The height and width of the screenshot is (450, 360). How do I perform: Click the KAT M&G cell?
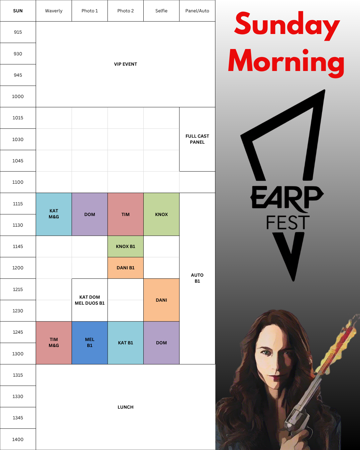(x=54, y=214)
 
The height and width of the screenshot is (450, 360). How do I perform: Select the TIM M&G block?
(x=54, y=343)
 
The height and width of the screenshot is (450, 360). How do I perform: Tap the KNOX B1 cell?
(x=126, y=246)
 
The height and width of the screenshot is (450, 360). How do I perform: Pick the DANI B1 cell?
(x=126, y=268)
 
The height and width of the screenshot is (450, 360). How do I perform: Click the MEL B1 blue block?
(x=90, y=343)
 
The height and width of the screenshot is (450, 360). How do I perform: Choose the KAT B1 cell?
(x=126, y=343)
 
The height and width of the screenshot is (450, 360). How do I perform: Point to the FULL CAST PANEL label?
(x=197, y=139)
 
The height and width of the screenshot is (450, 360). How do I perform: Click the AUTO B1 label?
(x=197, y=278)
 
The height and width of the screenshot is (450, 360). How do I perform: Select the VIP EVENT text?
(x=126, y=64)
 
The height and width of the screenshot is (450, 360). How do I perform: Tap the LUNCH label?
(x=126, y=407)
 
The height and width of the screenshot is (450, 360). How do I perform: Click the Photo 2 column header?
(x=126, y=11)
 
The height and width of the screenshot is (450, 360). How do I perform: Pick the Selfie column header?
(x=161, y=11)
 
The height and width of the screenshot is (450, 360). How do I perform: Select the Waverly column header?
(x=54, y=11)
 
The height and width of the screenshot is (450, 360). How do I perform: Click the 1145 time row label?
(x=18, y=247)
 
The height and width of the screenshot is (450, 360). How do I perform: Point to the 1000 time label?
(x=18, y=96)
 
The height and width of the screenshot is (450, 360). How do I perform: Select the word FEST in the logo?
(x=288, y=222)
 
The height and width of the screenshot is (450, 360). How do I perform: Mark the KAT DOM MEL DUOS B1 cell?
(x=90, y=300)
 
